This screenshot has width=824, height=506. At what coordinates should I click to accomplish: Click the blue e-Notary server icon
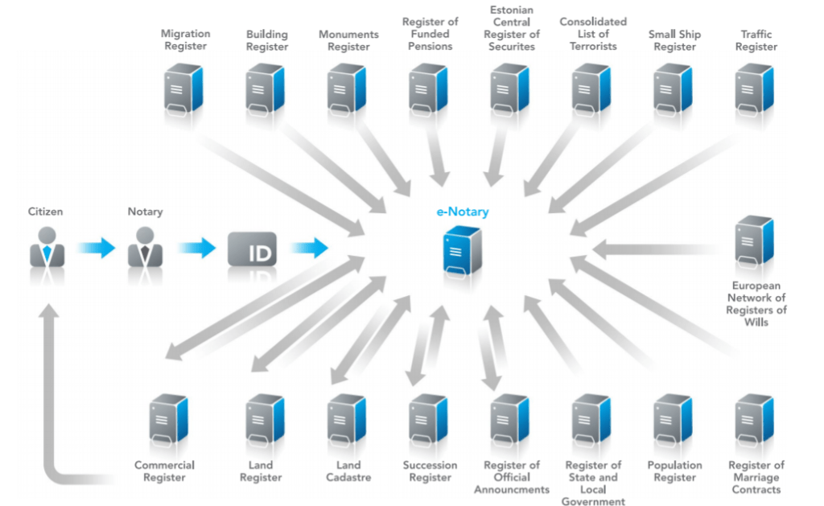[462, 253]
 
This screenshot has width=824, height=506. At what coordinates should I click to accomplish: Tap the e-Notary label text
[461, 212]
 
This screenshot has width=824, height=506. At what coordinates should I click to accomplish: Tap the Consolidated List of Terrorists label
[593, 34]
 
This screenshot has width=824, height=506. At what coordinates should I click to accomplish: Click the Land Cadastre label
[348, 471]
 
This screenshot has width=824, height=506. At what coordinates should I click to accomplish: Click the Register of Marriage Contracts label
[756, 477]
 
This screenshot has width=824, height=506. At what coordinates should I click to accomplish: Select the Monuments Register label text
[348, 40]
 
